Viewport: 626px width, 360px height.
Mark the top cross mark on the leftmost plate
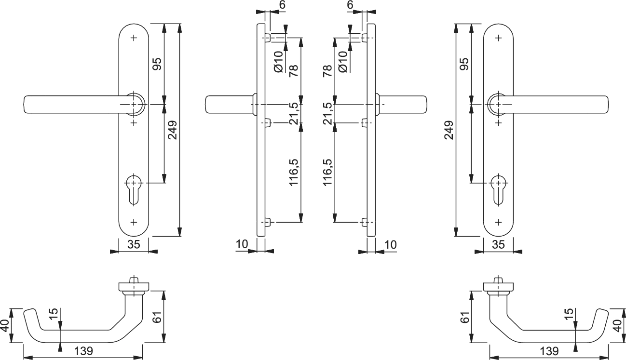(x=134, y=38)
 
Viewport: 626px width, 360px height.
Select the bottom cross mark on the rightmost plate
(x=498, y=222)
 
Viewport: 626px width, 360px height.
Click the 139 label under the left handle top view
(x=83, y=351)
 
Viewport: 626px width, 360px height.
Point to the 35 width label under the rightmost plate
(x=498, y=245)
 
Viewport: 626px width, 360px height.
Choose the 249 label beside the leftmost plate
(x=172, y=130)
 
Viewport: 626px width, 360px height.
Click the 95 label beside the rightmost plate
(x=464, y=64)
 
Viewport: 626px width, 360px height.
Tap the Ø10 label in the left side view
(x=279, y=62)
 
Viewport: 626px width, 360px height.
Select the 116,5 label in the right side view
(x=327, y=172)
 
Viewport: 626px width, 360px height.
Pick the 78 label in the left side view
(x=294, y=71)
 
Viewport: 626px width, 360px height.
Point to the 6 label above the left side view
(x=282, y=5)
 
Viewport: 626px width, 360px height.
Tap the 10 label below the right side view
(x=391, y=245)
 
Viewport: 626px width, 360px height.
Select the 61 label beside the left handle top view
(x=158, y=317)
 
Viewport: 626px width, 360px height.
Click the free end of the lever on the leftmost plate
(x=25, y=105)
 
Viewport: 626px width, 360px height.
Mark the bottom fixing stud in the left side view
(x=268, y=222)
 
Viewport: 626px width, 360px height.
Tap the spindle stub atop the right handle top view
(x=498, y=280)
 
